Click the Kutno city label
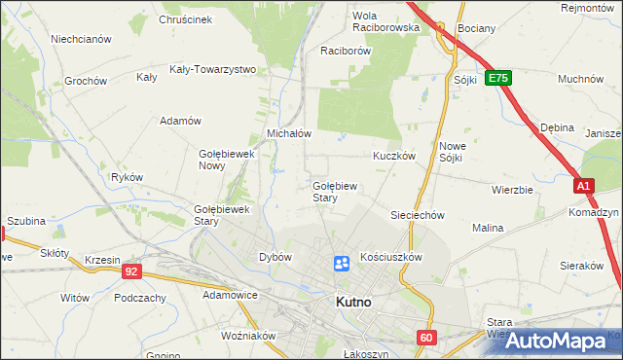(352, 302)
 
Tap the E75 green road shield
(498, 77)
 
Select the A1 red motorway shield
(583, 184)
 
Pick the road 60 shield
(426, 337)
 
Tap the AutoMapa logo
(555, 341)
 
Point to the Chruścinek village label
(185, 18)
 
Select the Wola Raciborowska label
(385, 21)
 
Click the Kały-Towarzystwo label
(212, 69)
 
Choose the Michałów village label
(289, 133)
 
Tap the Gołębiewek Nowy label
(226, 160)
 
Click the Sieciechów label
(418, 215)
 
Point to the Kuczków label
(394, 155)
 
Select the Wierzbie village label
(512, 190)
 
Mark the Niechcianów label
(82, 39)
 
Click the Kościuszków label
(390, 257)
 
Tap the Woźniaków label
(249, 336)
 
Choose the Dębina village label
(558, 126)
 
